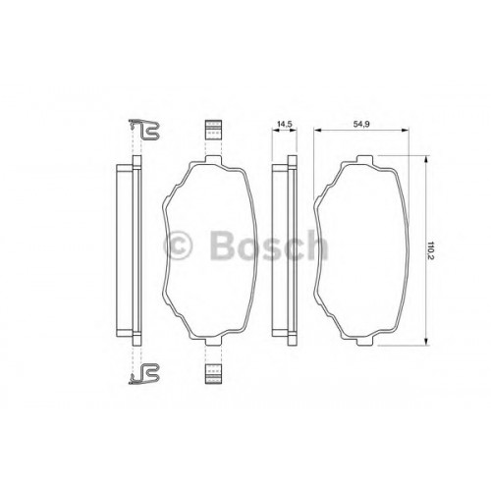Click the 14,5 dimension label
tap(285, 124)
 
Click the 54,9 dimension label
tap(360, 124)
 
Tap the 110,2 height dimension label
tap(431, 250)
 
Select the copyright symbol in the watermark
tap(177, 245)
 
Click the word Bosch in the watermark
tap(268, 245)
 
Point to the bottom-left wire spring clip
tap(144, 373)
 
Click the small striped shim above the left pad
tap(213, 130)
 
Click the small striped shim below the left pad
tap(213, 373)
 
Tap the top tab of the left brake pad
tap(213, 159)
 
